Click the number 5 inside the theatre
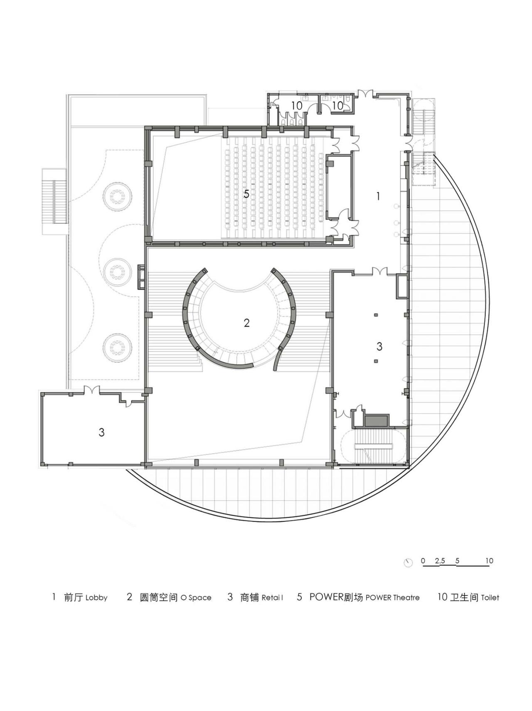point(246,194)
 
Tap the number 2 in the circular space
point(246,323)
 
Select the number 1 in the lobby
point(378,196)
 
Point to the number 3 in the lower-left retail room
point(101,432)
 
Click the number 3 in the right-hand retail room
point(379,346)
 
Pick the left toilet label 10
point(296,106)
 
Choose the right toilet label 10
point(337,106)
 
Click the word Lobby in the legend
point(96,598)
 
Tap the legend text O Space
point(196,598)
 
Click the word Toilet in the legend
point(490,598)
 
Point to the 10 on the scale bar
point(489,561)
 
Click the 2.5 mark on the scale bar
point(440,561)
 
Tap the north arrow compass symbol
point(408,563)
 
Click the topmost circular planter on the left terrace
point(118,196)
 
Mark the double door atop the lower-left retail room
point(91,390)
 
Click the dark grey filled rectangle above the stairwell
point(377,420)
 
